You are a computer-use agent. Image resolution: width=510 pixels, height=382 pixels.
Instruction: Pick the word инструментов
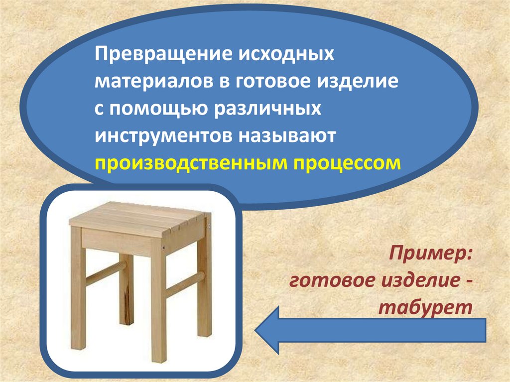tap(166, 135)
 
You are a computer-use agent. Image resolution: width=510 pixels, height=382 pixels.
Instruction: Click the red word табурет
tap(425, 307)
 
